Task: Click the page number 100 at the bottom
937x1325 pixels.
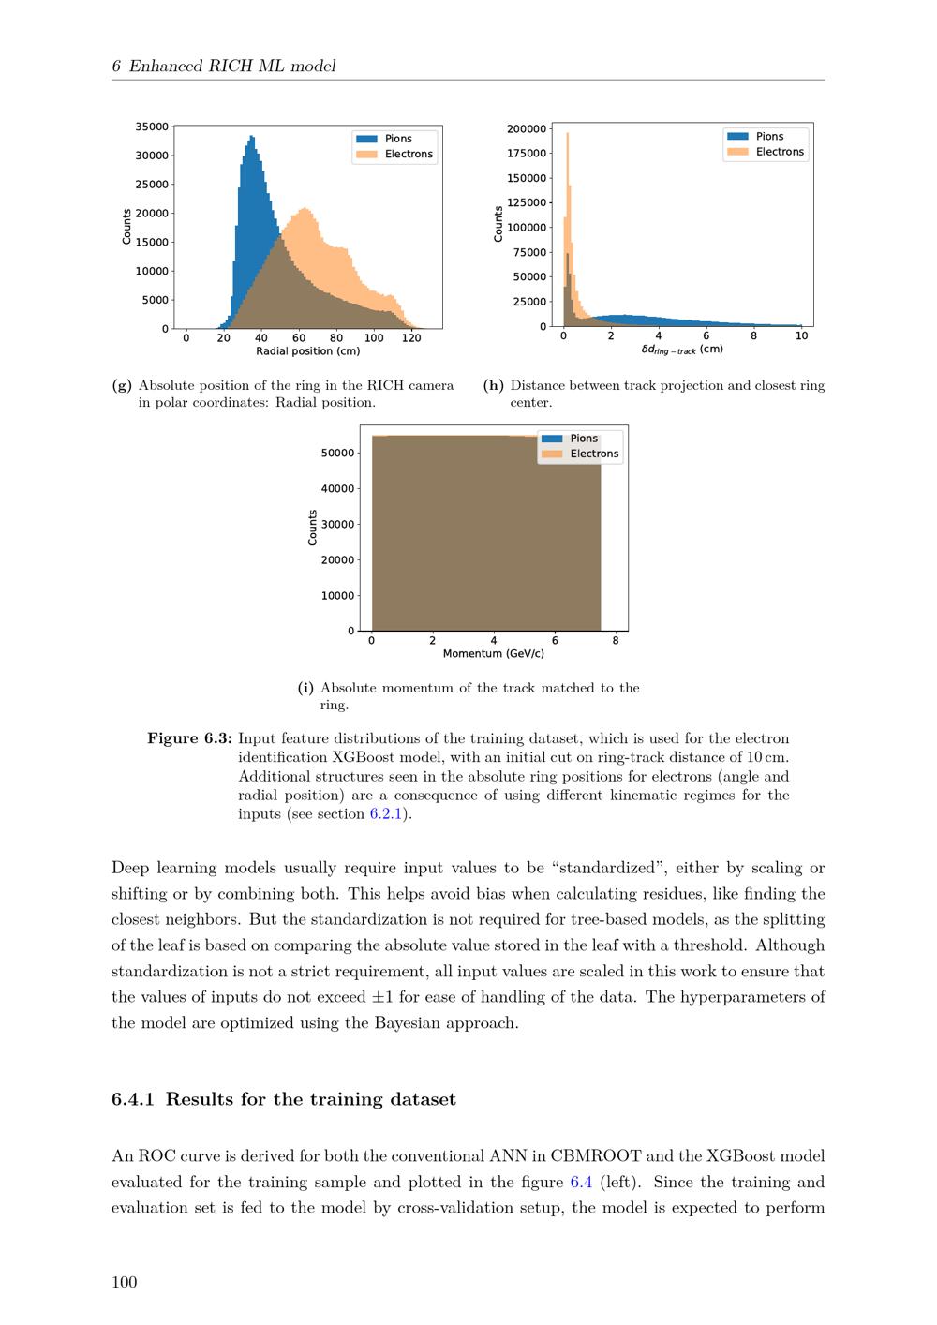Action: click(125, 1282)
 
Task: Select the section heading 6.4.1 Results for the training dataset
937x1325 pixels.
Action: click(283, 1099)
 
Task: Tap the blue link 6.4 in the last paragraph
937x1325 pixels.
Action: click(581, 1182)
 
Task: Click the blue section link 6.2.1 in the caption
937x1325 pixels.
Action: click(385, 813)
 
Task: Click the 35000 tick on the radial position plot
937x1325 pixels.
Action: click(152, 127)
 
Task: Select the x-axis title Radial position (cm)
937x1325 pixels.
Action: click(307, 351)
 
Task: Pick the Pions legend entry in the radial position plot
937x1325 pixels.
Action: click(397, 139)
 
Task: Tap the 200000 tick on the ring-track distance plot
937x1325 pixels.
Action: click(527, 128)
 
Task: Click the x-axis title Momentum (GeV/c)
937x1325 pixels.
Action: click(493, 653)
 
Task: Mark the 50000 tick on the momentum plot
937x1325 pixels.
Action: click(337, 453)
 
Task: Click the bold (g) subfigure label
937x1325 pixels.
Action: click(122, 385)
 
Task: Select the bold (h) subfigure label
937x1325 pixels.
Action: click(494, 385)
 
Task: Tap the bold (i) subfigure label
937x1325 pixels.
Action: click(305, 688)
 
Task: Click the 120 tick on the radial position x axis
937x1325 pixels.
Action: click(411, 338)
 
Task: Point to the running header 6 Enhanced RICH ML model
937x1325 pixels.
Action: click(224, 66)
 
